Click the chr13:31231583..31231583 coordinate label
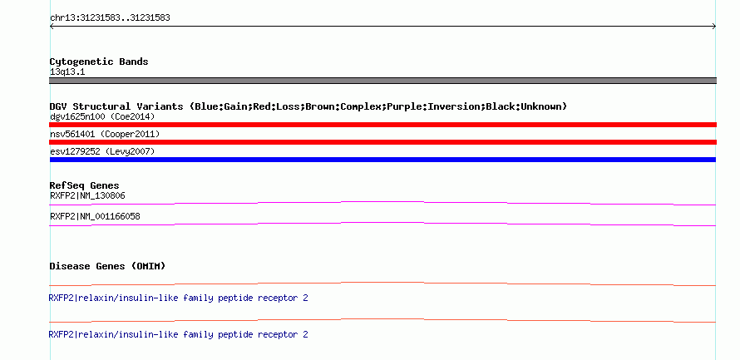(110, 18)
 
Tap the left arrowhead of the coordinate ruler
(51, 27)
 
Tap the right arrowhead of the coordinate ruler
(714, 27)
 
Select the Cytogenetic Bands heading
(99, 62)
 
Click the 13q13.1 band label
(67, 72)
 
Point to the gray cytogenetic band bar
(382, 81)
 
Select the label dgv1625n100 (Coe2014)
(102, 116)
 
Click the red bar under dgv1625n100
(382, 125)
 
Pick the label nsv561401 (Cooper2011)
(105, 134)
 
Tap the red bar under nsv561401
(382, 142)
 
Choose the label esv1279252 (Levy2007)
(102, 151)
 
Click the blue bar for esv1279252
(382, 160)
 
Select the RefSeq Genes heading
(85, 185)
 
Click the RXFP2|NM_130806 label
(87, 195)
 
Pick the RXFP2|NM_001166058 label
(95, 216)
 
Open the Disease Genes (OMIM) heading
(107, 266)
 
